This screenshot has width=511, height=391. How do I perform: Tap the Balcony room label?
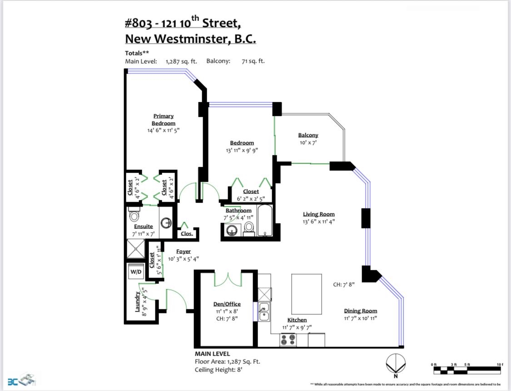point(308,135)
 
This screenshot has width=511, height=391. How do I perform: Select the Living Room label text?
point(319,214)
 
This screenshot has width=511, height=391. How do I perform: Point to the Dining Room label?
point(360,311)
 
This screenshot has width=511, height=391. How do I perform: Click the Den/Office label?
point(227,304)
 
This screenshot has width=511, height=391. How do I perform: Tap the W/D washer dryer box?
point(136,272)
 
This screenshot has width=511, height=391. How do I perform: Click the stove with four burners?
point(288,340)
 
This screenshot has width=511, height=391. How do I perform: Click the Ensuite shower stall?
point(135,249)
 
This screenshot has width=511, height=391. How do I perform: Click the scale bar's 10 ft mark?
point(500,365)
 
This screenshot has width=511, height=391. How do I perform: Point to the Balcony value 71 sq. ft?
point(253,61)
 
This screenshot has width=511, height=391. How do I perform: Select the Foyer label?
point(184,251)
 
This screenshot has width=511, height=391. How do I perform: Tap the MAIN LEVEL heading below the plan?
point(212,354)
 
